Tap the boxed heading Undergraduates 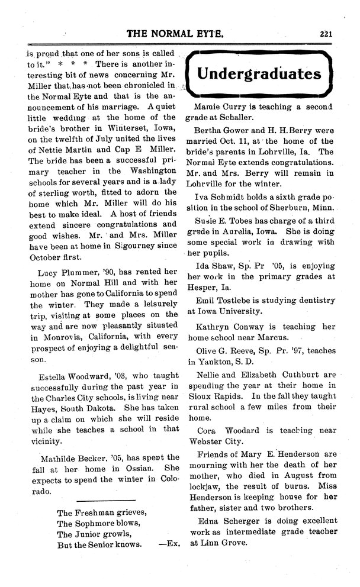pos(259,74)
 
